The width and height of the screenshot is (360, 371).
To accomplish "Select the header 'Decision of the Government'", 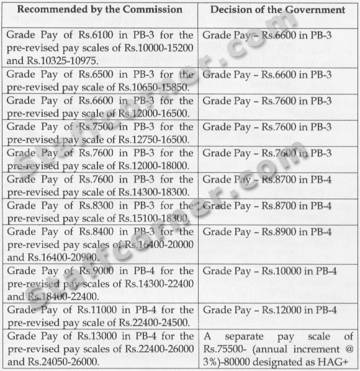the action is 277,9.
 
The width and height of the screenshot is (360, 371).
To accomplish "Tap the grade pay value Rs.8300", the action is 86,206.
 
